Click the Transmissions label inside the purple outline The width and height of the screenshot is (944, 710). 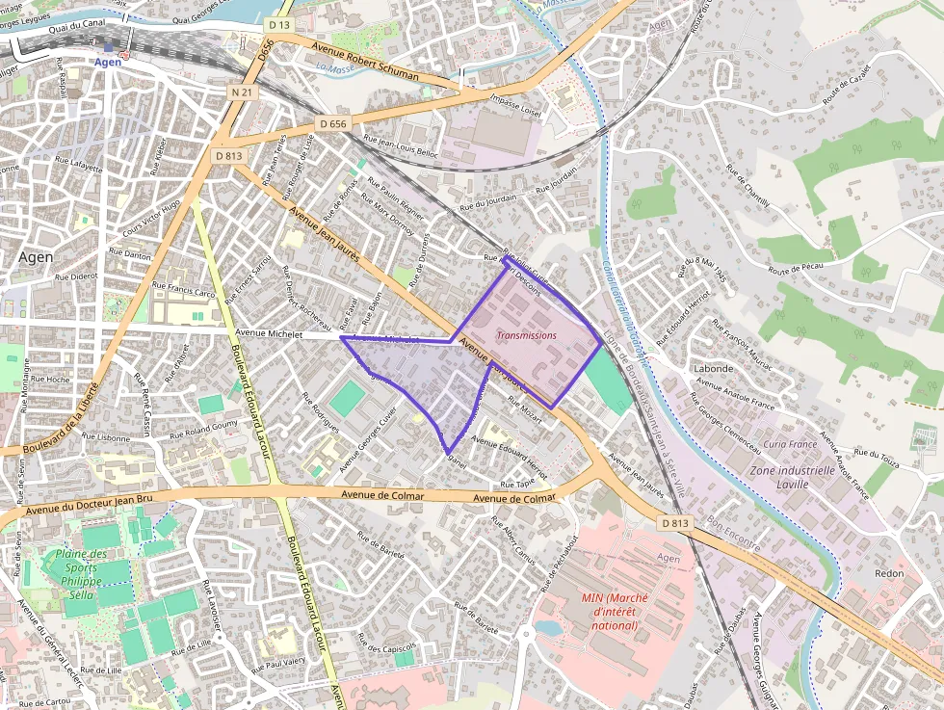pos(526,335)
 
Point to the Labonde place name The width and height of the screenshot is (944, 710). pos(714,369)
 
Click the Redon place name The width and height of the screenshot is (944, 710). pos(888,573)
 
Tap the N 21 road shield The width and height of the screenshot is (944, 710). pos(243,92)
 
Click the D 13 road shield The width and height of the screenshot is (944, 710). pos(280,24)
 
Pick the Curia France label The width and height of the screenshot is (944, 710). pos(790,444)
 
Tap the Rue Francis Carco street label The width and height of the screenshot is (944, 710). pos(191,288)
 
